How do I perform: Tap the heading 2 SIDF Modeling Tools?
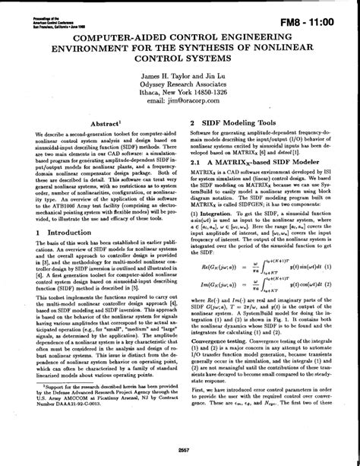240,122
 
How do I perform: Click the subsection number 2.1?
197,162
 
